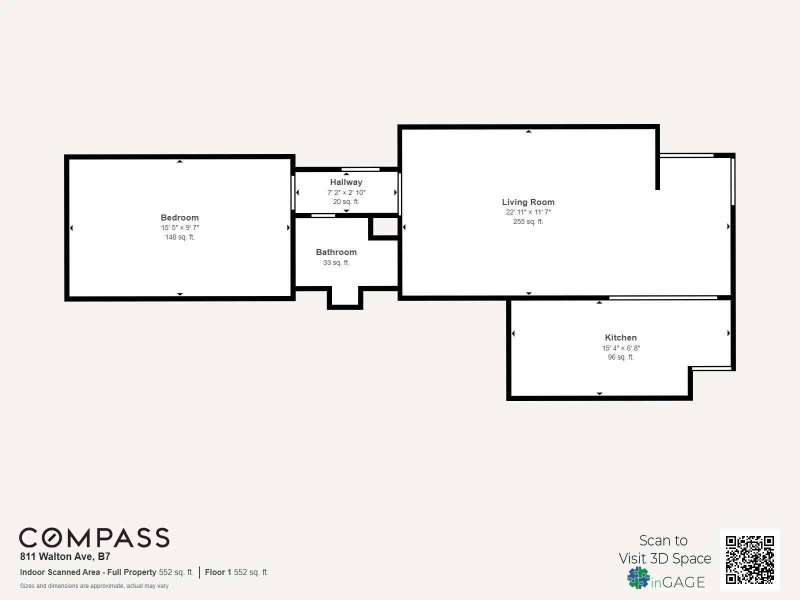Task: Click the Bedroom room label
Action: [179, 217]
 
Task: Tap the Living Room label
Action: [528, 202]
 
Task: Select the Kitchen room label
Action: [620, 337]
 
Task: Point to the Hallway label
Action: [346, 182]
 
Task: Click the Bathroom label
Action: [336, 252]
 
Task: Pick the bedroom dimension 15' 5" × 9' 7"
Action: [180, 227]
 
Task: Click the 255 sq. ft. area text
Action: [528, 221]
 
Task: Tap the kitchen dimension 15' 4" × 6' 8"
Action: [620, 348]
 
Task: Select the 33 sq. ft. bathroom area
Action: [336, 262]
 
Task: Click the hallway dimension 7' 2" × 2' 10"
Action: [346, 192]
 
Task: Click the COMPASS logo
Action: [94, 538]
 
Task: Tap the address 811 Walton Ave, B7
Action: [65, 556]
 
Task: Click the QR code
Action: [749, 560]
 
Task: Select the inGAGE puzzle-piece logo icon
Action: [638, 578]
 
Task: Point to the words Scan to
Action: [663, 540]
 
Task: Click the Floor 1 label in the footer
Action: [218, 572]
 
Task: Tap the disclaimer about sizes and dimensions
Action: [94, 586]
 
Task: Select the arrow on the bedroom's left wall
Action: [71, 228]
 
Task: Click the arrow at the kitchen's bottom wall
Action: [599, 394]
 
